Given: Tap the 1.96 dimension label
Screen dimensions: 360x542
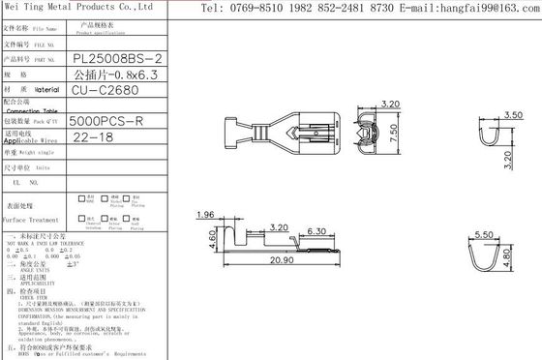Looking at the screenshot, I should coord(204,215).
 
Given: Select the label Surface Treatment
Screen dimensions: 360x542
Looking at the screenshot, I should coord(33,220).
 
